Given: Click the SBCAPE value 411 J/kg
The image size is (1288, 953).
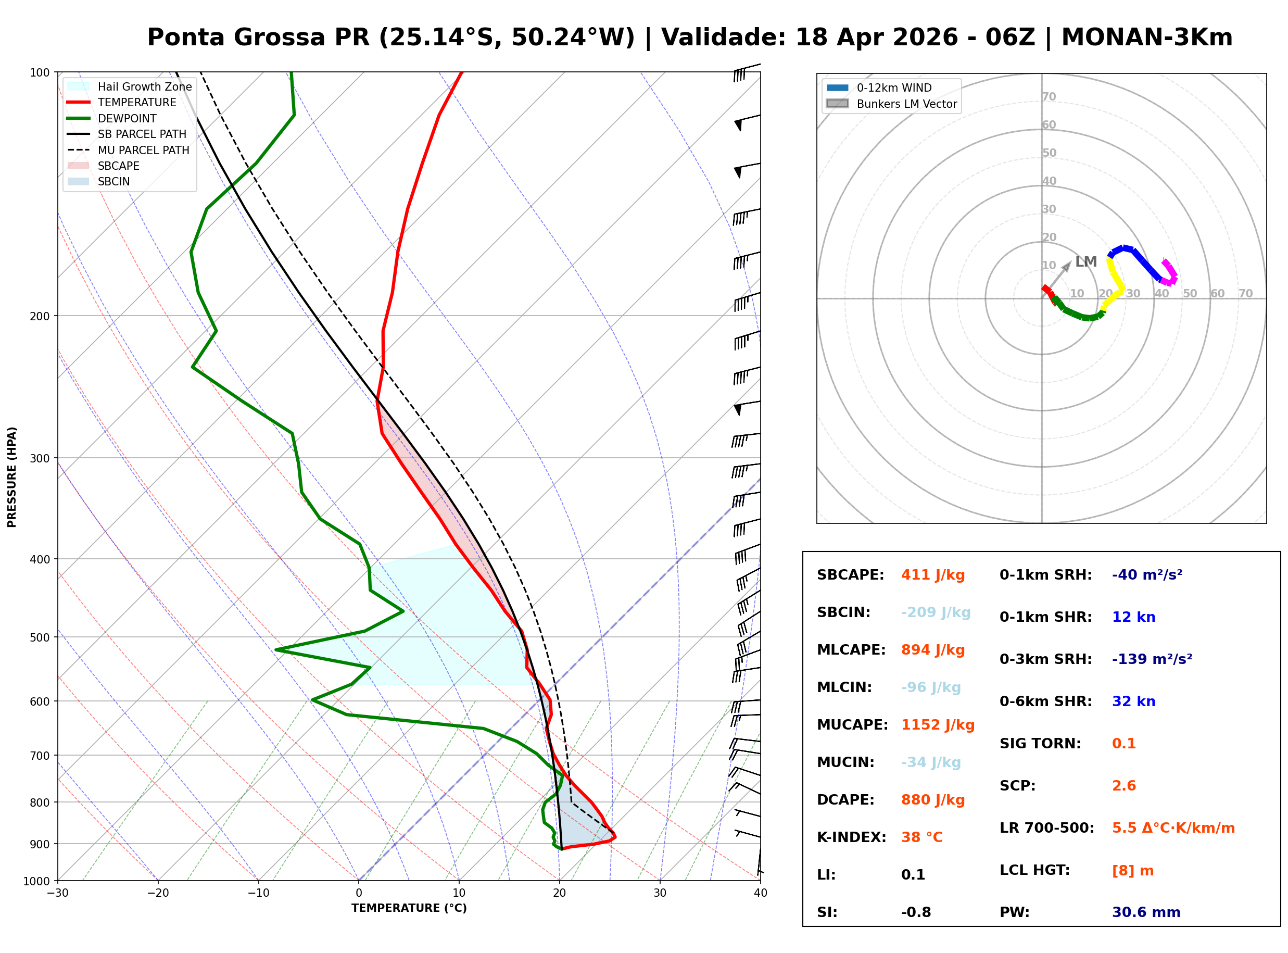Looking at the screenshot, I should pos(932,575).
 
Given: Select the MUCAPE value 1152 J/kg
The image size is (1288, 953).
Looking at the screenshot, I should pos(938,725).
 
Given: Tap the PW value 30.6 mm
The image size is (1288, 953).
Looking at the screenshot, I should pos(1145,912).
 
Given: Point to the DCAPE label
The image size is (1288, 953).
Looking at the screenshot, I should pos(845,800).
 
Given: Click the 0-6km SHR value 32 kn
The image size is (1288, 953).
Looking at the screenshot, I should pos(1133,701).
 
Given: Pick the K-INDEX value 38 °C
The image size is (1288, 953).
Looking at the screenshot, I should pos(921,837).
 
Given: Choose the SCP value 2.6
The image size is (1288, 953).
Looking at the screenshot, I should pos(1123,786).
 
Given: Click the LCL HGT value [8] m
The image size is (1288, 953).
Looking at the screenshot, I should pos(1132,871).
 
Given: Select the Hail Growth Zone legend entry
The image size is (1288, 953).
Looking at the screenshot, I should pos(144,86).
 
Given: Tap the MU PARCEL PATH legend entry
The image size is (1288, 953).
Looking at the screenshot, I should pos(143,150).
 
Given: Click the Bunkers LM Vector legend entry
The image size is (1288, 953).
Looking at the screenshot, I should pos(906,104).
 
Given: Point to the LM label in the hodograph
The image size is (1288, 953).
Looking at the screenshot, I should pos(1085,262).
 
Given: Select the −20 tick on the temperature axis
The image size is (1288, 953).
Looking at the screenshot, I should pos(157,893).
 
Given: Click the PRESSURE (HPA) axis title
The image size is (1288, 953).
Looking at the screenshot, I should pos(12,477).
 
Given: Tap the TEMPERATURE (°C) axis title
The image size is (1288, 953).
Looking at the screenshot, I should pos(409,908).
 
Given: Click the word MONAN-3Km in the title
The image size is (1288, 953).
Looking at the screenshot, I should pos(1146,37).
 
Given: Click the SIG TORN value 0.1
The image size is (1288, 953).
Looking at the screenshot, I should pos(1123,744).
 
